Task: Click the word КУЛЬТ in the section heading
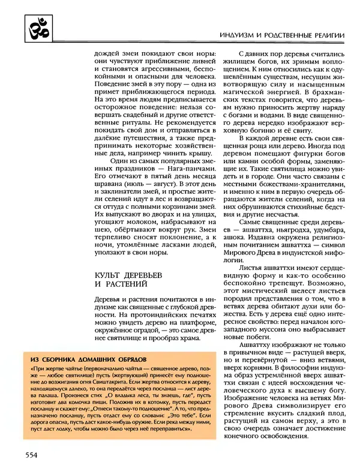[x=108, y=275]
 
